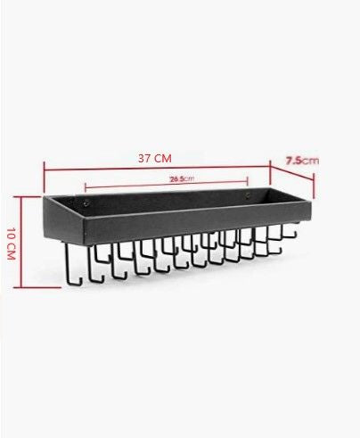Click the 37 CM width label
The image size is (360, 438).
tap(155, 158)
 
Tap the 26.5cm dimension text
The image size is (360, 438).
tap(182, 178)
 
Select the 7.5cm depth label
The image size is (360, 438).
tap(302, 161)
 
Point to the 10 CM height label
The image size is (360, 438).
tap(11, 244)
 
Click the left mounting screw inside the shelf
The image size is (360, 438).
tap(86, 202)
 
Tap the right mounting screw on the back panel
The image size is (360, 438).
tap(248, 195)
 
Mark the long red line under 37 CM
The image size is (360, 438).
tap(157, 169)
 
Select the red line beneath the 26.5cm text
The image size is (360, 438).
tap(167, 185)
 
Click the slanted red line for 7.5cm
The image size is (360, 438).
tap(292, 172)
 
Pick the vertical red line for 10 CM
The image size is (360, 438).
tap(21, 242)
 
